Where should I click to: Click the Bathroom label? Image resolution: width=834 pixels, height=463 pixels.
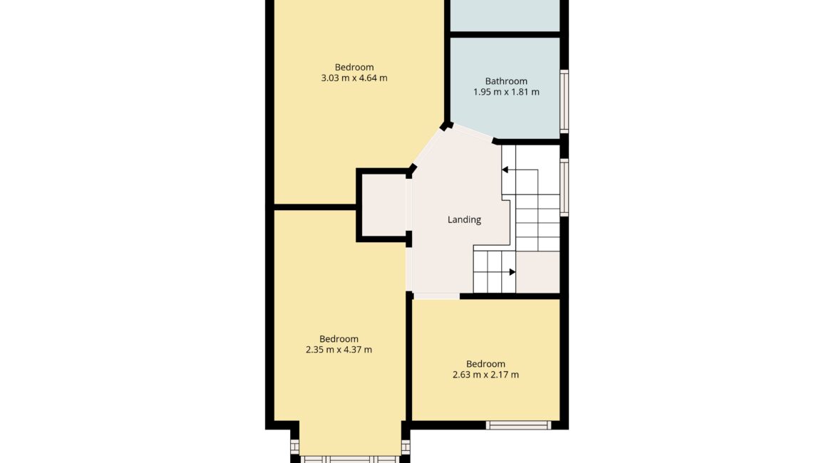506,81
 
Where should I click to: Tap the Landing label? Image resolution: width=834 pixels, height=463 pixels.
464,219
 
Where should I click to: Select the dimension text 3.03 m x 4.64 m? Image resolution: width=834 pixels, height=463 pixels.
354,78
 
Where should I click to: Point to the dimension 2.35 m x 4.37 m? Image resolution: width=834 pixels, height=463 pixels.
339,350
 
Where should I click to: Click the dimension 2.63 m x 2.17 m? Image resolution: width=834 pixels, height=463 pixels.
485,375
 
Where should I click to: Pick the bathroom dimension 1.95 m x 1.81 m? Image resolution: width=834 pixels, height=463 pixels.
506,92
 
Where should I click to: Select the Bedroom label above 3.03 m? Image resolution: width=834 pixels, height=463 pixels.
354,68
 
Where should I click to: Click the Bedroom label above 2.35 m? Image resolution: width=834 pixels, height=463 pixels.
339,339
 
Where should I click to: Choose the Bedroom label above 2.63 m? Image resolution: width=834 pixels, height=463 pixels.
485,364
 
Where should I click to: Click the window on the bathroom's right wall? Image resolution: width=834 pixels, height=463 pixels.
565,101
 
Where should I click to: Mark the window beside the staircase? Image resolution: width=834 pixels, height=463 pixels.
565,187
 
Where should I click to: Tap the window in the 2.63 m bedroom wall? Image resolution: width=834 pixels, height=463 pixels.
518,425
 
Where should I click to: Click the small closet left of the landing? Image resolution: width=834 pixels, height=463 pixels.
383,206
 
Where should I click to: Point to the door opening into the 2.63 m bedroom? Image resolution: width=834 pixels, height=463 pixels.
436,296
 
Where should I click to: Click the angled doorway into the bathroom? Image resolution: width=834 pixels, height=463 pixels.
473,133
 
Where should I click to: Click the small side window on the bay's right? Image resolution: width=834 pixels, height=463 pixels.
406,447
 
